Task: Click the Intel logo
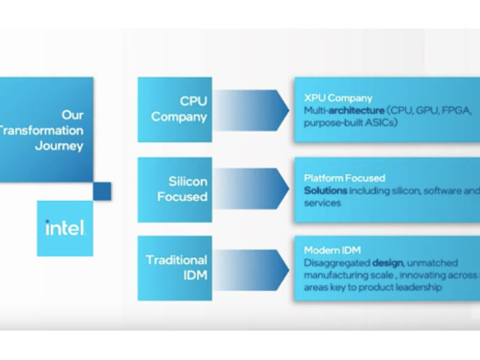coord(65,228)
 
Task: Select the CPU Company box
coord(175,109)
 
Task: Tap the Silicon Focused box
coord(175,189)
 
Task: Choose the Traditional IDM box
coord(175,268)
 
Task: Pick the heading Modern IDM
coord(332,250)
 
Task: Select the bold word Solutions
coord(326,190)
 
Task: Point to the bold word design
coord(387,263)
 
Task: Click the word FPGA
coord(458,110)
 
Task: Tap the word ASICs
coord(381,123)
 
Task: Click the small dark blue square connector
coord(103,191)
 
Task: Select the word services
coord(322,203)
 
